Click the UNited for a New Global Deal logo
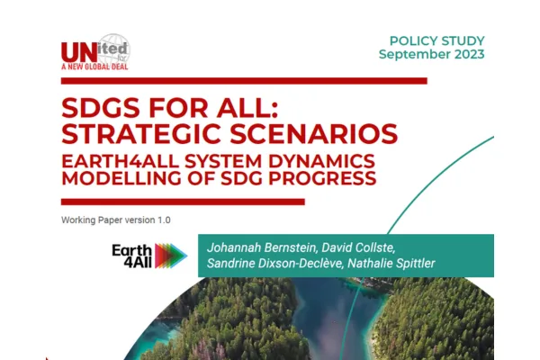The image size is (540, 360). coord(95,52)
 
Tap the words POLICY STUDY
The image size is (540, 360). coord(437,41)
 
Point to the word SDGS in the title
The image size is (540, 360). coord(102,108)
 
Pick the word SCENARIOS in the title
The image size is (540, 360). coord(314,133)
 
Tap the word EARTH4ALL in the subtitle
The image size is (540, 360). coord(120,161)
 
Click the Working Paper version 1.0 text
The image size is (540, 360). coord(116,220)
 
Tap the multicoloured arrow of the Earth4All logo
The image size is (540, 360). coord(171,256)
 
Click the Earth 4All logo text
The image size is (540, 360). coord(132,256)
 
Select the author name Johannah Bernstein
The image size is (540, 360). coord(261,247)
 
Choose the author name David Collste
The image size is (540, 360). coord(358,247)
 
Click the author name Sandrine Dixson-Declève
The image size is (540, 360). coord(274,263)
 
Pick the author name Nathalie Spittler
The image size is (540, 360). coord(391,263)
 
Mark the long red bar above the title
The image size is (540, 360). coord(244,81)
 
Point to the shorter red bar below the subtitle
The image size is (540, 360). coord(183,202)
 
